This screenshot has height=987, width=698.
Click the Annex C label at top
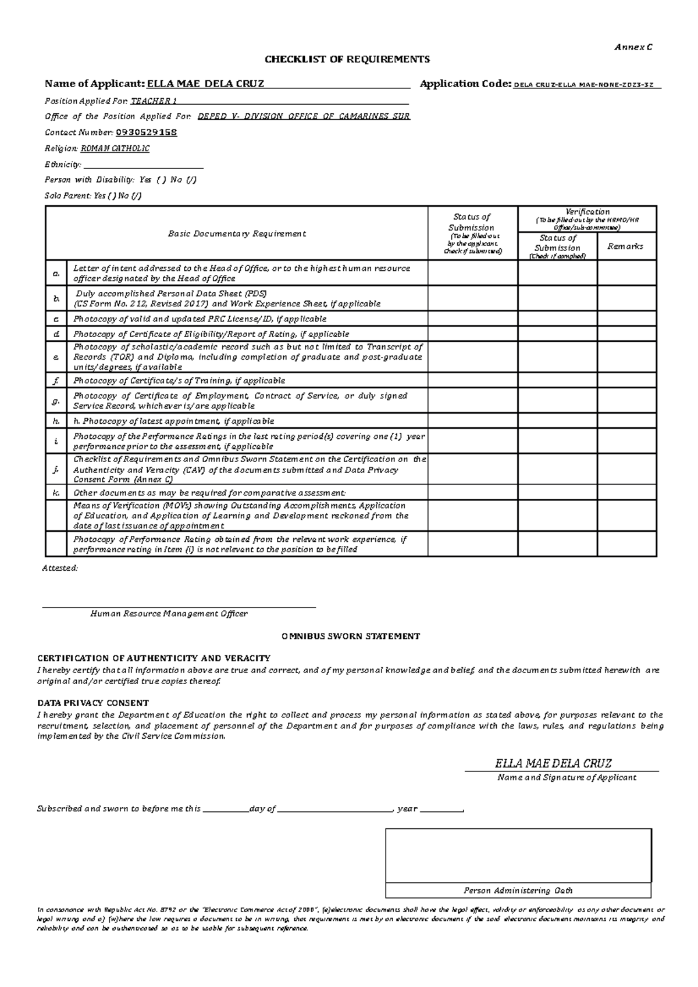pyautogui.click(x=633, y=47)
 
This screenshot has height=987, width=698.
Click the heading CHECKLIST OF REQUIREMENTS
pyautogui.click(x=347, y=59)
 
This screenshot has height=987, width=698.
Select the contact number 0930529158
pyautogui.click(x=147, y=133)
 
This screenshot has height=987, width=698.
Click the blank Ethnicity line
pyautogui.click(x=143, y=165)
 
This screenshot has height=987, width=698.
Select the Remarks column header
pyautogui.click(x=625, y=246)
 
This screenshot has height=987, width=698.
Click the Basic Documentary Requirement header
pyautogui.click(x=237, y=234)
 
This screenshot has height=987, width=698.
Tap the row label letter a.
pyautogui.click(x=56, y=273)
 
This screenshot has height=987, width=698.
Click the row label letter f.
pyautogui.click(x=56, y=381)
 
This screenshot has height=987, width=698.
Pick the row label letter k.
pyautogui.click(x=56, y=492)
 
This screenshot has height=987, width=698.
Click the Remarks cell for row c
pyautogui.click(x=626, y=319)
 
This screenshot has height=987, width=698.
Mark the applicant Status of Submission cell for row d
pyautogui.click(x=472, y=334)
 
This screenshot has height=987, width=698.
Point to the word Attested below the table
pyautogui.click(x=59, y=568)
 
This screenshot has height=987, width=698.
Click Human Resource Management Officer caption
pyautogui.click(x=169, y=614)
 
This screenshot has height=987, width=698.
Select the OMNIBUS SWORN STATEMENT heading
pyautogui.click(x=351, y=636)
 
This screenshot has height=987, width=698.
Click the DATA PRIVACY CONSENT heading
pyautogui.click(x=93, y=703)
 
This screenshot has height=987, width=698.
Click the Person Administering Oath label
pyautogui.click(x=518, y=891)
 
